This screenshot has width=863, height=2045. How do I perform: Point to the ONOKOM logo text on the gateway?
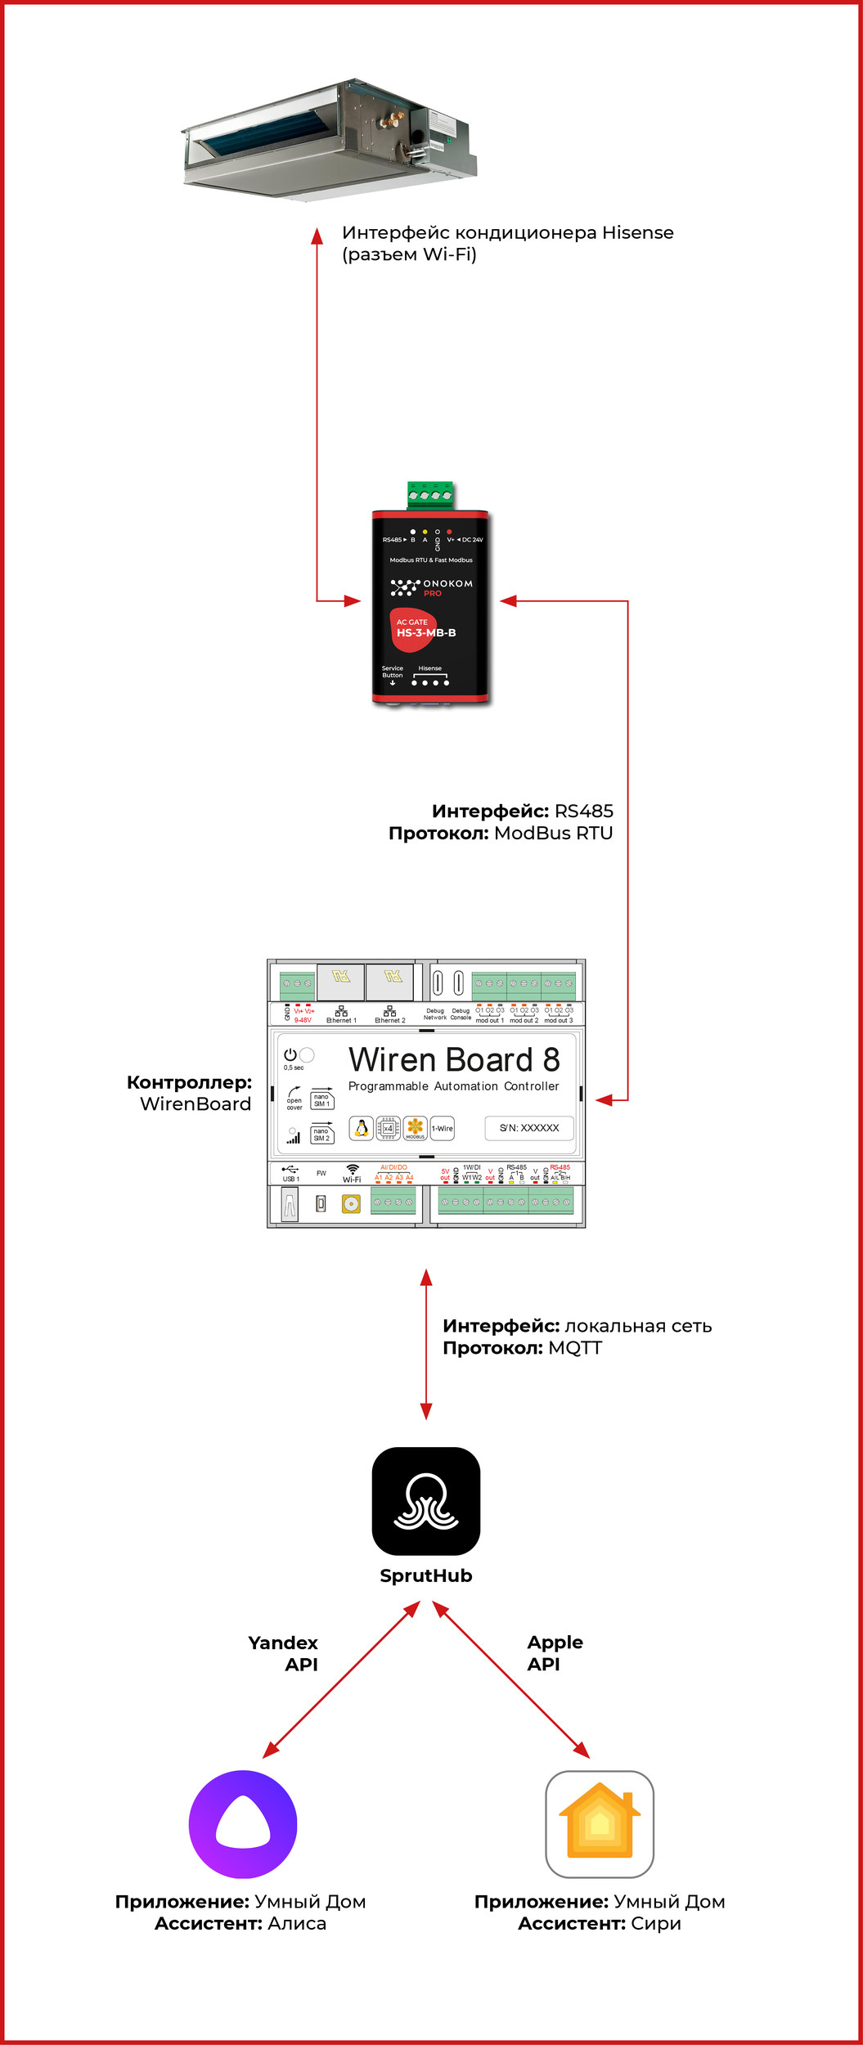[x=447, y=583]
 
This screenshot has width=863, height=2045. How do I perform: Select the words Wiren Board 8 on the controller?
[x=454, y=1059]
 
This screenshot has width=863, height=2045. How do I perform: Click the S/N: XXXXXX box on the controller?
[x=529, y=1128]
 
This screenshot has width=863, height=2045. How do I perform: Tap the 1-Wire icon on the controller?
[x=443, y=1128]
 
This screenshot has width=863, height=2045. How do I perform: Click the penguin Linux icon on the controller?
[x=361, y=1128]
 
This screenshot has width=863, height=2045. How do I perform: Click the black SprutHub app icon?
[x=425, y=1501]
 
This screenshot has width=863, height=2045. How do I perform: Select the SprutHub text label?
[x=425, y=1575]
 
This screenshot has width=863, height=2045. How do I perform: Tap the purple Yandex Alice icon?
[x=242, y=1824]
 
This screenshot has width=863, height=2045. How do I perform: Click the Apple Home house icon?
[x=599, y=1824]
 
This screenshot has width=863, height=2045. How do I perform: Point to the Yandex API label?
[x=283, y=1653]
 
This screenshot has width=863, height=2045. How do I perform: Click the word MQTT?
[x=575, y=1348]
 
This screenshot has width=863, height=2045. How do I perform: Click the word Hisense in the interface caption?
[x=637, y=232]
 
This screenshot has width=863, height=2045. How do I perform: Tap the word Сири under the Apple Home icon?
[x=655, y=1923]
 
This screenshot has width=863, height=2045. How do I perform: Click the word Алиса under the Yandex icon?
[x=297, y=1923]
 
